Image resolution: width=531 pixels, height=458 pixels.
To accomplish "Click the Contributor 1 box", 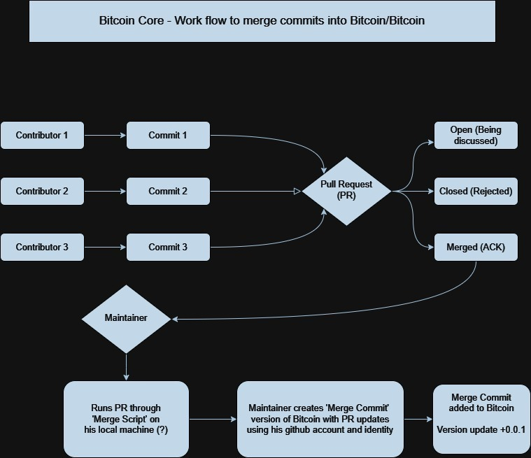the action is pos(43,136).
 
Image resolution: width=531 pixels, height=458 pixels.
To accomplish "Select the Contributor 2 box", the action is pos(43,192).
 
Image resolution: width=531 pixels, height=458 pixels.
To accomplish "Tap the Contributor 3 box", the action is pos(43,247).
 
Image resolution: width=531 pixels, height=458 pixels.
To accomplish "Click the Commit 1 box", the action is pos(169,136).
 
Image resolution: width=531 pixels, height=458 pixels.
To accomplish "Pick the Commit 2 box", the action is pos(169,192).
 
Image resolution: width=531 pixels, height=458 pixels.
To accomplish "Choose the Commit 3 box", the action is pos(169,247).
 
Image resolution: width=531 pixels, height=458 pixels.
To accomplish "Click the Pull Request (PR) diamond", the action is pos(346,192).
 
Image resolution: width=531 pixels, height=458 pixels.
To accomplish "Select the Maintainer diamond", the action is pos(127,319).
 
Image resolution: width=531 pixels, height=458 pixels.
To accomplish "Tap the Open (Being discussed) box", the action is pos(476,136).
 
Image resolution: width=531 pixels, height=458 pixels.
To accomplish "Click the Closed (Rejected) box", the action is pos(476,192).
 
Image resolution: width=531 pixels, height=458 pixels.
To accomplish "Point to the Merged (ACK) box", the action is pos(476,247).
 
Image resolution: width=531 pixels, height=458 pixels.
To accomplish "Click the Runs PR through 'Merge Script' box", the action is pos(127,419).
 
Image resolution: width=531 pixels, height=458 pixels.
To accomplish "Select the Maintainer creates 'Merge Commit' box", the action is pos(320,419).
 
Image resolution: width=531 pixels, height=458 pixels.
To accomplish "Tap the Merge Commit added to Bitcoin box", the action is pos(481,419).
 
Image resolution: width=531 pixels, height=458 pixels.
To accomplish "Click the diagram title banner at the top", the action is pos(262,21).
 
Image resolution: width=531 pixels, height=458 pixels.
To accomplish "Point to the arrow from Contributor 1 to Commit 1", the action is pos(106,136).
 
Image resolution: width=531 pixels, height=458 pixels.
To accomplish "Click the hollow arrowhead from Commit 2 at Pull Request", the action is pos(297,192).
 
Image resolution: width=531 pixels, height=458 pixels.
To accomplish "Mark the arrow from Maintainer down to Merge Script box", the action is pos(127,367).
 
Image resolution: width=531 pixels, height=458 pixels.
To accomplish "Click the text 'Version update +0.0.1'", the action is pos(481,430).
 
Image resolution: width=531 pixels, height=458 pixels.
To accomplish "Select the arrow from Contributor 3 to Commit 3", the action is pos(106,247).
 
